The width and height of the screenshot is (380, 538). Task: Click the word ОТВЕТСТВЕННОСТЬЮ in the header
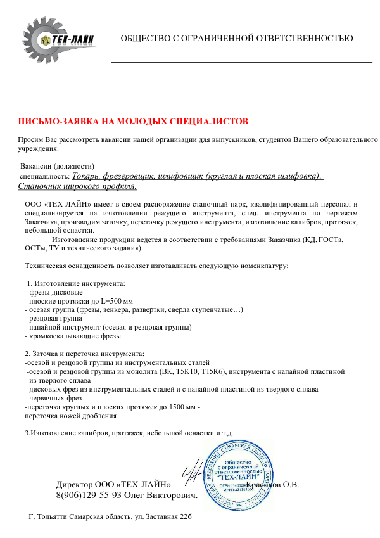pos(309,39)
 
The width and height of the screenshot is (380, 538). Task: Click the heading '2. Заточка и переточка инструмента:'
pos(84,354)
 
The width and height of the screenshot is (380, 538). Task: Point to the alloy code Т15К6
pos(212,371)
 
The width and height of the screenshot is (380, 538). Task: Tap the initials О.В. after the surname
pos(290,485)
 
